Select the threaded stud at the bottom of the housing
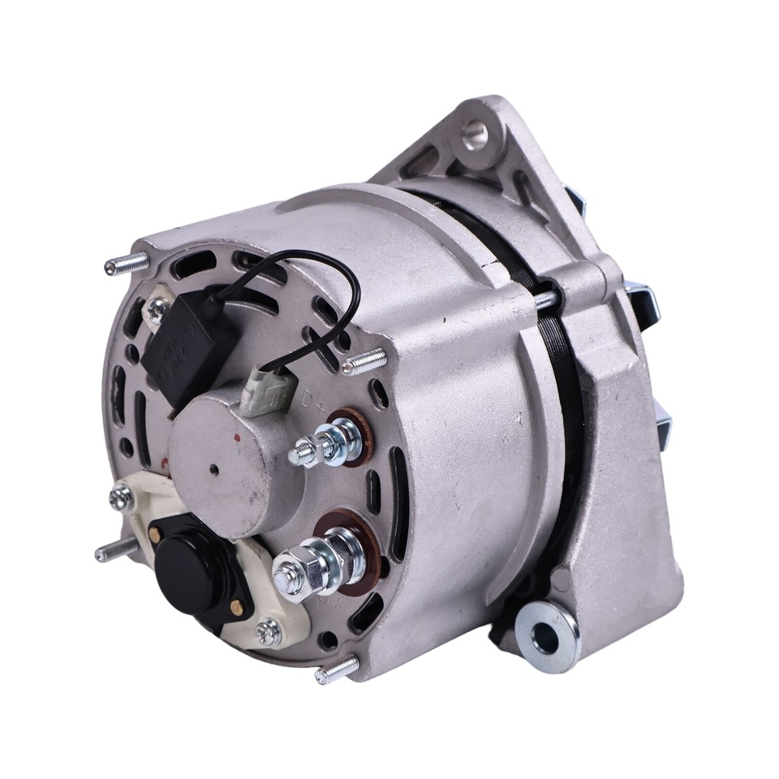pyautogui.click(x=337, y=669)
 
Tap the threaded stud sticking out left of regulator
pyautogui.click(x=113, y=552)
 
